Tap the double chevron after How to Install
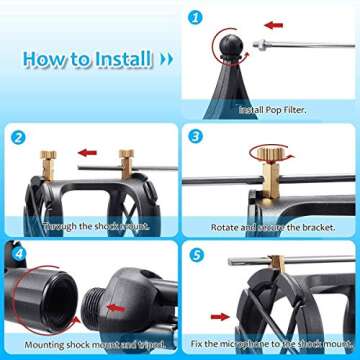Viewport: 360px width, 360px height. [x=165, y=60]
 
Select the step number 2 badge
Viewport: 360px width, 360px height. [x=17, y=138]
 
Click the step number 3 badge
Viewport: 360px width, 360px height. [x=196, y=137]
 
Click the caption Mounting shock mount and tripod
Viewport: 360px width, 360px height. [x=89, y=346]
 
